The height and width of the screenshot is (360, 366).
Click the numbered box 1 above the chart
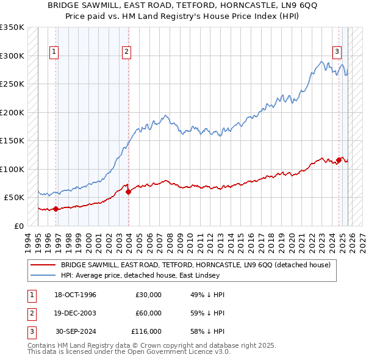click(x=54, y=52)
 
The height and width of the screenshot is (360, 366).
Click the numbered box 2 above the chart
click(x=126, y=52)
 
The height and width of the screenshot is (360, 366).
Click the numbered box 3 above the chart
click(x=336, y=52)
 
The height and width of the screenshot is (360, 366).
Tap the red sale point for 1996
click(x=56, y=209)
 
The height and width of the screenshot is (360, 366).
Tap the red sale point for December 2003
click(x=128, y=192)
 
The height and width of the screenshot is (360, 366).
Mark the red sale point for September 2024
click(x=339, y=160)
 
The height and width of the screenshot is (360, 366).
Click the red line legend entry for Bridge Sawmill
click(x=195, y=265)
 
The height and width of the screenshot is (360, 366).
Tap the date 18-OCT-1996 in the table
click(x=76, y=295)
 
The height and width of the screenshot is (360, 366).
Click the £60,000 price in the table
click(x=148, y=313)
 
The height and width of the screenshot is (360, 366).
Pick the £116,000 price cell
click(x=146, y=331)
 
